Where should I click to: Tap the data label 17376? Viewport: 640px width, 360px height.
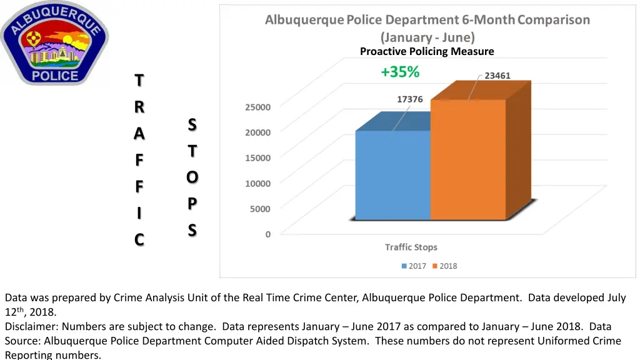[x=410, y=99]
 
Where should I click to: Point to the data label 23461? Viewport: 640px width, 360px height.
[x=497, y=76]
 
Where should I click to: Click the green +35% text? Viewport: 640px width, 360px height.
[x=400, y=72]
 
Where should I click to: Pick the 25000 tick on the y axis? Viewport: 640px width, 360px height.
[x=257, y=107]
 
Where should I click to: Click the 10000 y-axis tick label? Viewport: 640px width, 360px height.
[x=257, y=183]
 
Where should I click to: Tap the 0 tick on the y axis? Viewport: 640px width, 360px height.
[x=268, y=234]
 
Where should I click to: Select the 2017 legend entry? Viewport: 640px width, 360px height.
[x=413, y=266]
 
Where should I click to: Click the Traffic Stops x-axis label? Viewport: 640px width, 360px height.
[x=411, y=247]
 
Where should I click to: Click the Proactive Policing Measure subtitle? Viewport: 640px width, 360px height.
[x=427, y=51]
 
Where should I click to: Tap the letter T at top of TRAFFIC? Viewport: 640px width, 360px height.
[x=139, y=81]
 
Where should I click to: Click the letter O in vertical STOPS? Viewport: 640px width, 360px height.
[x=192, y=177]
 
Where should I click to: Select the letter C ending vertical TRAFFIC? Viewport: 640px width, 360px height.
[x=139, y=239]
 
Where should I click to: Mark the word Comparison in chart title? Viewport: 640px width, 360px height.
[x=553, y=20]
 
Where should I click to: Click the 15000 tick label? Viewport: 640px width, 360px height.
[x=257, y=157]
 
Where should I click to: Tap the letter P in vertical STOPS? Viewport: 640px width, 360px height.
[x=192, y=204]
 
